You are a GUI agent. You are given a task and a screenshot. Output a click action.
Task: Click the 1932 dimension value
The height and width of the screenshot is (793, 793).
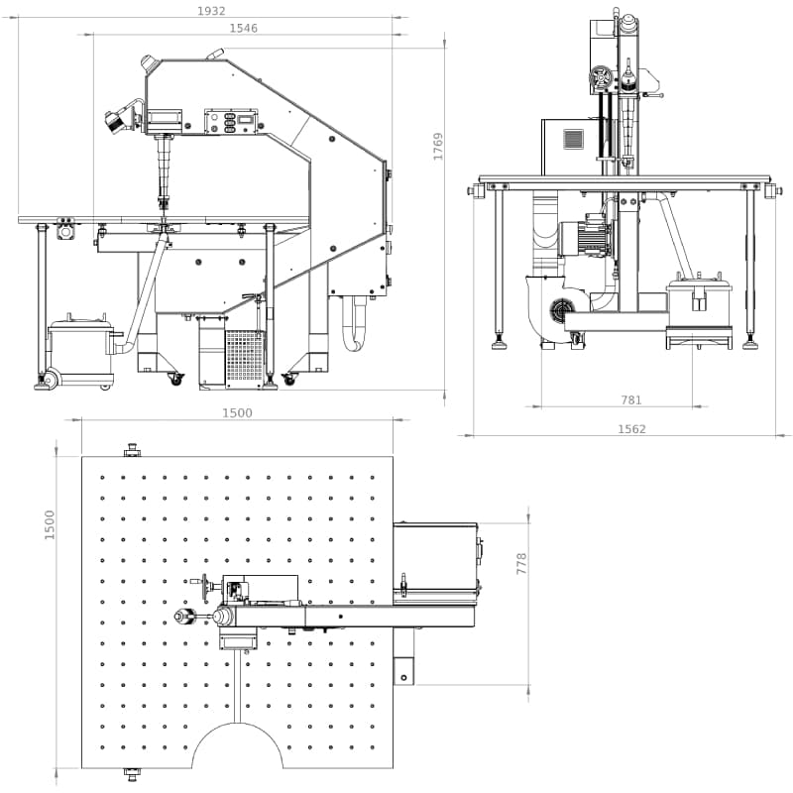click(x=211, y=11)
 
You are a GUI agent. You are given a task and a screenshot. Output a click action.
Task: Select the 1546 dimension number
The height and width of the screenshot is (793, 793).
click(x=243, y=29)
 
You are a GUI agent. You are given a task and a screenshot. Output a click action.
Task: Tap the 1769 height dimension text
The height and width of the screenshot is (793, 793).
click(x=438, y=147)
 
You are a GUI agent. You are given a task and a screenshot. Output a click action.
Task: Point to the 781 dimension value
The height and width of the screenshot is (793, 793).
click(x=631, y=400)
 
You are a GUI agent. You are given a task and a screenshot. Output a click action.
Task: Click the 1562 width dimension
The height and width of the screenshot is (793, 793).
click(x=631, y=429)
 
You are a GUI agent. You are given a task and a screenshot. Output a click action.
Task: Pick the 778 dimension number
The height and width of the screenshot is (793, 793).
click(x=521, y=563)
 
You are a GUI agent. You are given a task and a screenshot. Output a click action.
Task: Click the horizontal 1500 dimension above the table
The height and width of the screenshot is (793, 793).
click(x=237, y=412)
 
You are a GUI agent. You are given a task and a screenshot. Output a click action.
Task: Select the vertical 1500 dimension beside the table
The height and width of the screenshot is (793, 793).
click(x=49, y=525)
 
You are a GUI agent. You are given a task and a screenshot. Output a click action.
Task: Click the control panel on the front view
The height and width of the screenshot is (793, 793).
click(x=231, y=122)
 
